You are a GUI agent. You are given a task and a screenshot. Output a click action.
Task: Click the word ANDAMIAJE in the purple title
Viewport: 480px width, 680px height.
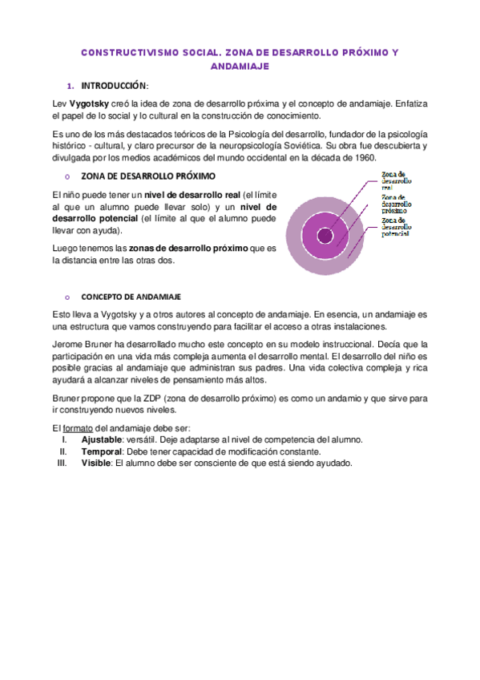pos(240,67)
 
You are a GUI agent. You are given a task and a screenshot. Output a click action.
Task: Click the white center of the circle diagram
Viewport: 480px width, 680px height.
pos(325,236)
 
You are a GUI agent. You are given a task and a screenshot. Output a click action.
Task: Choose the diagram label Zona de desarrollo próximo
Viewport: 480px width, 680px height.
pos(397,204)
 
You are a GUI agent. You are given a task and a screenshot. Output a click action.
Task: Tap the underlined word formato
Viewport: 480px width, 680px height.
pos(76,427)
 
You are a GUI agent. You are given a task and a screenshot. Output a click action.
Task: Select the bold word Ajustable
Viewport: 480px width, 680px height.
pos(103,439)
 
